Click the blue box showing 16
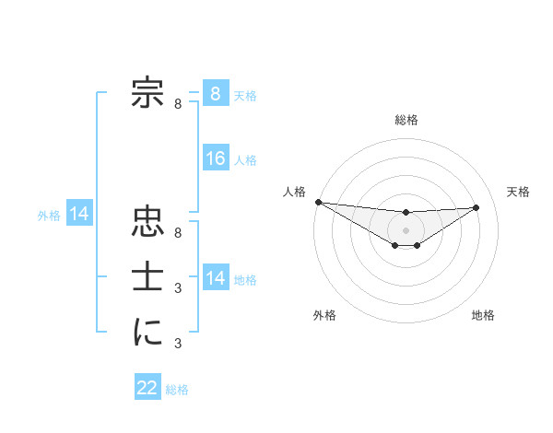(x=216, y=158)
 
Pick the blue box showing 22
(x=147, y=388)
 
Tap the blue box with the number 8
(x=216, y=93)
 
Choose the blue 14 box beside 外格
(x=79, y=215)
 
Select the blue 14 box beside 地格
(x=216, y=278)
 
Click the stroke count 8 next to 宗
(x=178, y=104)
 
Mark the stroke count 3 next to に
(x=178, y=344)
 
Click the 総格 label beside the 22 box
(x=177, y=390)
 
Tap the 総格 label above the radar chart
(x=406, y=120)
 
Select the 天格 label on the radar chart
(x=518, y=192)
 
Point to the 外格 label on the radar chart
(x=324, y=315)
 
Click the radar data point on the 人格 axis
(x=318, y=202)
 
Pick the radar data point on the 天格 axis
(x=477, y=207)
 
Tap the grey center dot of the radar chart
(x=406, y=229)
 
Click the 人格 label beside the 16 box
(x=245, y=160)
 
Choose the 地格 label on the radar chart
(x=483, y=315)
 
